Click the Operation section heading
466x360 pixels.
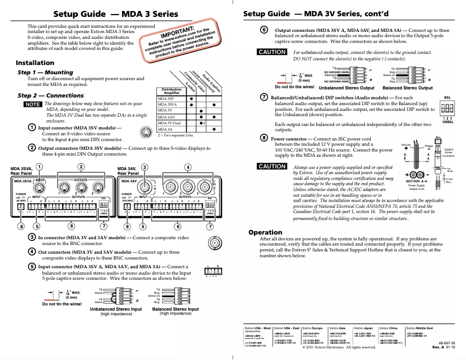[266, 232]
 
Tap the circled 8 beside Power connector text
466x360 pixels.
[264, 139]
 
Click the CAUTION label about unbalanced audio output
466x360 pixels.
[272, 52]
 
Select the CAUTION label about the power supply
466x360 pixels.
[272, 166]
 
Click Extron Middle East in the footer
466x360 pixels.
[429, 329]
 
